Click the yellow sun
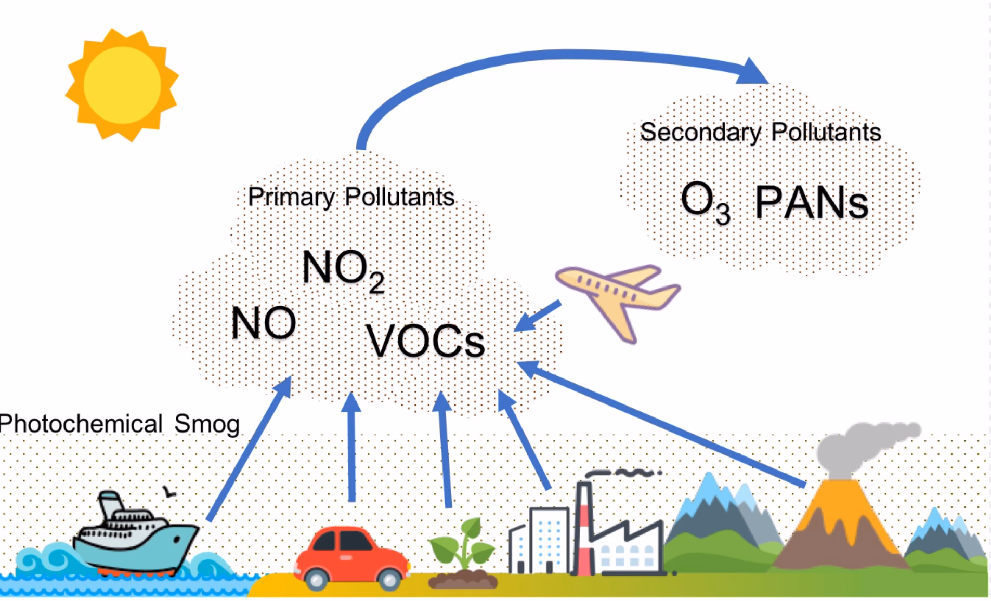tap(122, 85)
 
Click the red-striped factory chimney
tap(584, 525)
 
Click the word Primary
tap(291, 198)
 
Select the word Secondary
tap(700, 132)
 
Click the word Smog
tap(207, 424)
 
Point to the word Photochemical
tap(81, 424)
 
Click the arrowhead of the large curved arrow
tap(752, 71)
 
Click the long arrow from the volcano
tap(660, 424)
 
